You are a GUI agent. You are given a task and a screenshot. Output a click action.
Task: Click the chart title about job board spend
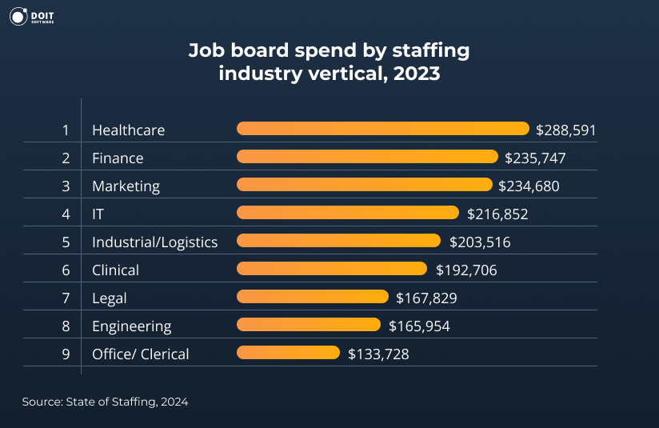tap(329, 62)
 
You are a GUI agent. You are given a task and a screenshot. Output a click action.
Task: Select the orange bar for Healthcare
tap(383, 129)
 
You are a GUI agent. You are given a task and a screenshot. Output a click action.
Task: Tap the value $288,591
tap(566, 130)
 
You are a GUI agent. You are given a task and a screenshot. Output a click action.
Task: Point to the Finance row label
tap(118, 158)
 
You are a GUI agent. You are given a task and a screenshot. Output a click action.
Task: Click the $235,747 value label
tap(535, 158)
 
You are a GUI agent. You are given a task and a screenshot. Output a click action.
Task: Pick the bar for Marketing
tap(365, 185)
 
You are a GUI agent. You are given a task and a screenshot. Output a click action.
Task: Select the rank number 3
tap(66, 186)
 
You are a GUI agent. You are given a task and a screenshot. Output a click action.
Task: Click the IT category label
tap(98, 214)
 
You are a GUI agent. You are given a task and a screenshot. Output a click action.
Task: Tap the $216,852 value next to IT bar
tap(497, 214)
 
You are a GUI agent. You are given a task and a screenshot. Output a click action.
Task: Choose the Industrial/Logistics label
tap(154, 242)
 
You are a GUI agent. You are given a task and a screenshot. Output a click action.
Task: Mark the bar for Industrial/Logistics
tap(338, 241)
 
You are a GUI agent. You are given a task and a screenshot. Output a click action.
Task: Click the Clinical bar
tap(332, 269)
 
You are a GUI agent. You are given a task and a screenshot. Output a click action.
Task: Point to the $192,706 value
tap(466, 270)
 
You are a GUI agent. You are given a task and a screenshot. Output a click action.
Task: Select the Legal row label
tap(110, 298)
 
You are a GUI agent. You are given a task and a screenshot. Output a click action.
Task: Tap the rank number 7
tap(66, 298)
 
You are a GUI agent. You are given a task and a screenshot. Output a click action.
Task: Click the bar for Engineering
tap(309, 325)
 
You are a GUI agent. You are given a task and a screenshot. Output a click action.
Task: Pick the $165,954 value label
tap(419, 326)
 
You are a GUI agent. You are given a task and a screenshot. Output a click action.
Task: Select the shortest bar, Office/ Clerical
tap(288, 353)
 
